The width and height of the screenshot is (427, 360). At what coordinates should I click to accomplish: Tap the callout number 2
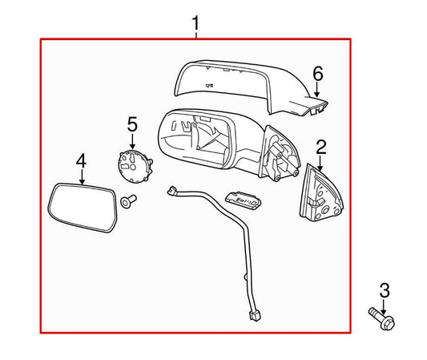point(321,146)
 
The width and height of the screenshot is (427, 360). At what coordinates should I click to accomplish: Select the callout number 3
point(384,290)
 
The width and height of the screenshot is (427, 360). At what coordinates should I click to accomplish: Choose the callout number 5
point(132,124)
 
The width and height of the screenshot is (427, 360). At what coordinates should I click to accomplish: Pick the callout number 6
point(318,75)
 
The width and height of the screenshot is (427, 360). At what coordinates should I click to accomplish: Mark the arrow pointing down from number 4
point(80,176)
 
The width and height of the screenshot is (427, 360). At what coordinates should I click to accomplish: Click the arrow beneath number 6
point(318,91)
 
